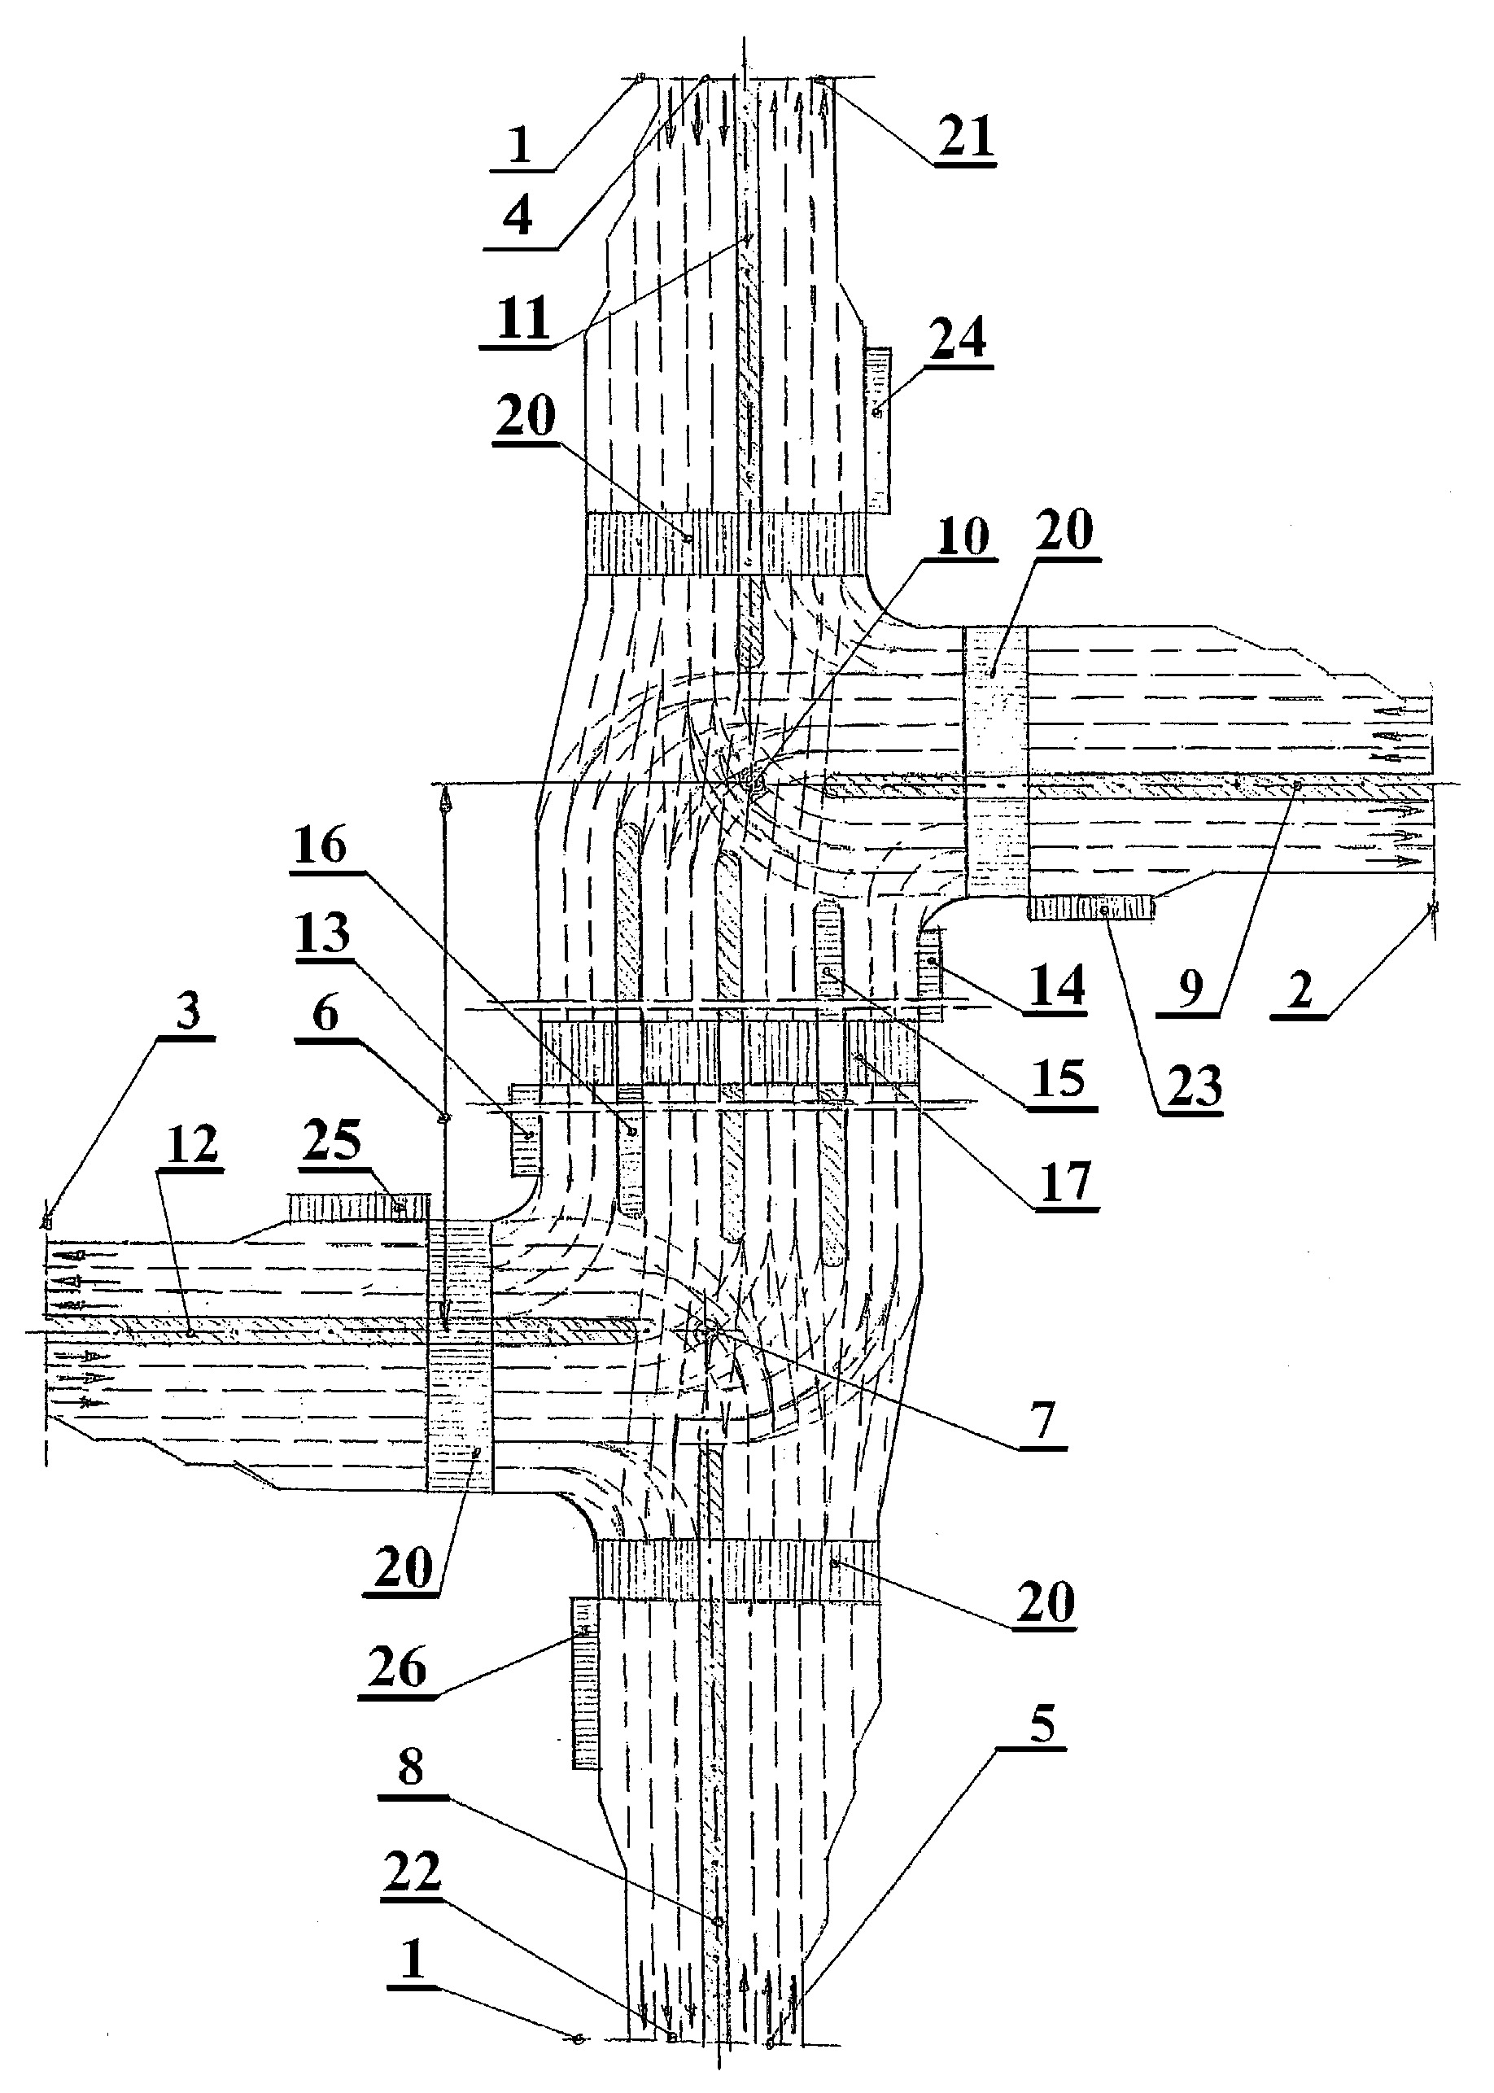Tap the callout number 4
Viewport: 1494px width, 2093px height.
tap(518, 217)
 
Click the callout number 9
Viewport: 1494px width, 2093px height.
tap(1190, 988)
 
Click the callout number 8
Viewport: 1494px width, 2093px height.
tap(410, 1767)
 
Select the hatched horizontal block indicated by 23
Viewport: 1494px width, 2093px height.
tap(1091, 909)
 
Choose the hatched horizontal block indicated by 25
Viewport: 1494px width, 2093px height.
tap(360, 1206)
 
